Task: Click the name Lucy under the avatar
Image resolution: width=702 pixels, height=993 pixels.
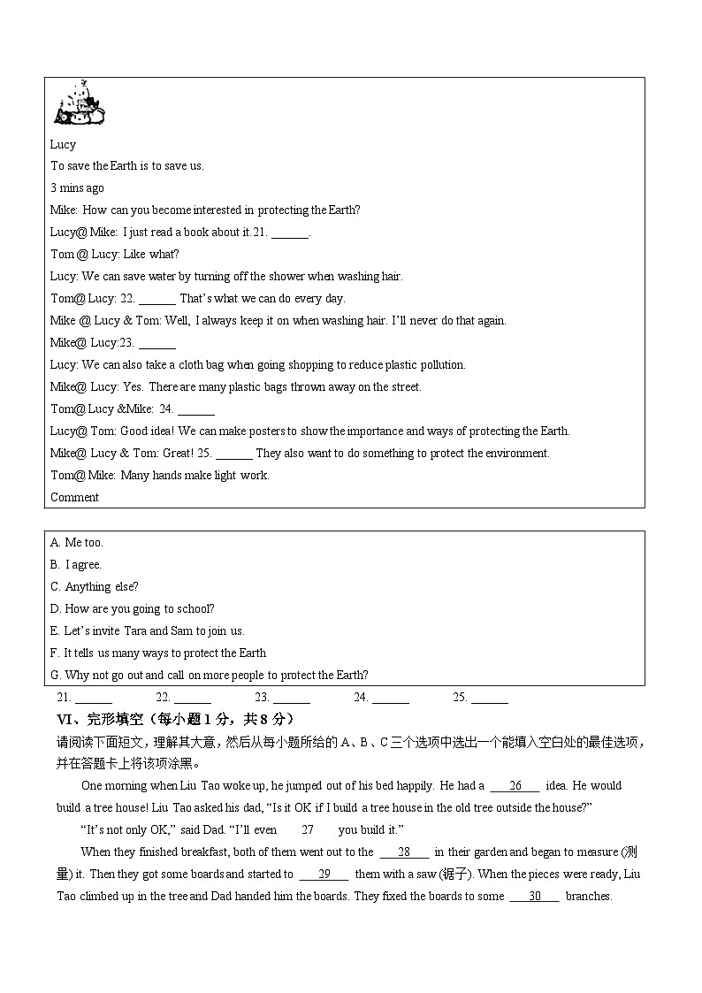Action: tap(63, 144)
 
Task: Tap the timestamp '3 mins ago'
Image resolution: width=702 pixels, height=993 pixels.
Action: tap(77, 187)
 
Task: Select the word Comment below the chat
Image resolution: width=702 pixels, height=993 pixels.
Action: tap(74, 497)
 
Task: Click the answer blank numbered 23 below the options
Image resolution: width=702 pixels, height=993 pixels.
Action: tap(291, 699)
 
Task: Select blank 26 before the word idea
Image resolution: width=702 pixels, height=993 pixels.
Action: tap(515, 785)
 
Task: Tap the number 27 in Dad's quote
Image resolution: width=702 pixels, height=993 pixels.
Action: tap(308, 829)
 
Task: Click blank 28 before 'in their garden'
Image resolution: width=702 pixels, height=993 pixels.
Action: tap(404, 852)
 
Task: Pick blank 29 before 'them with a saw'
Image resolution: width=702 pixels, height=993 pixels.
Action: tap(324, 875)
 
